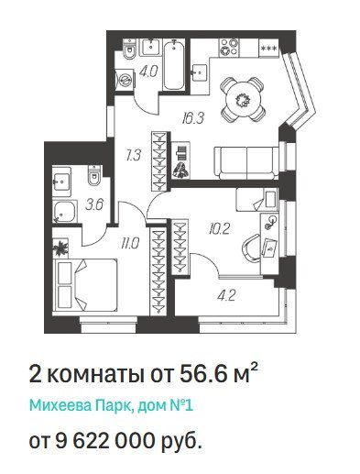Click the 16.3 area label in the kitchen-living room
click(192, 118)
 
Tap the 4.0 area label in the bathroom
click(148, 72)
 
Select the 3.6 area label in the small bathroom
click(94, 204)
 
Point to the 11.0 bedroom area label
click(129, 244)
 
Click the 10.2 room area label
click(219, 229)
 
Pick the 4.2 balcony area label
click(226, 295)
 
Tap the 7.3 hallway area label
click(133, 155)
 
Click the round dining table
click(243, 99)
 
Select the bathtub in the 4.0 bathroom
click(173, 65)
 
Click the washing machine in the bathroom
click(125, 79)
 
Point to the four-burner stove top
click(229, 47)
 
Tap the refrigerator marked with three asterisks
click(269, 48)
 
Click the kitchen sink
click(200, 72)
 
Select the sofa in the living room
click(246, 162)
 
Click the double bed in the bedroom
click(85, 285)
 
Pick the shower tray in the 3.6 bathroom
click(64, 211)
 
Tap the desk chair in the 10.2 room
click(251, 248)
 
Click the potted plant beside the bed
click(60, 248)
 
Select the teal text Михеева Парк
click(81, 406)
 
